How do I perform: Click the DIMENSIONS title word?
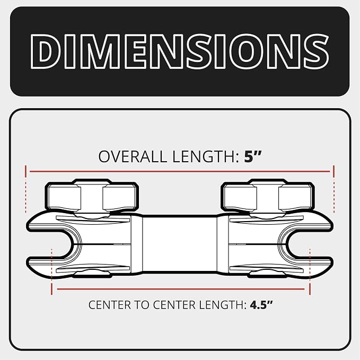pyautogui.click(x=180, y=51)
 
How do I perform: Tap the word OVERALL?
pyautogui.click(x=133, y=156)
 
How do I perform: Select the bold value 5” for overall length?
pyautogui.click(x=253, y=156)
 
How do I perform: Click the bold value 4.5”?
pyautogui.click(x=261, y=305)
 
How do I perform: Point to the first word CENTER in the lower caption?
pyautogui.click(x=110, y=305)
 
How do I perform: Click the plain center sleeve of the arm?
pyautogui.click(x=180, y=244)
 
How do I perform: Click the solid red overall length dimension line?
pyautogui.click(x=180, y=171)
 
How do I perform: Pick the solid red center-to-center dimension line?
pyautogui.click(x=181, y=289)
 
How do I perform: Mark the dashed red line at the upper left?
pyautogui.click(x=26, y=189)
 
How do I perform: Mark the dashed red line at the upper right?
pyautogui.click(x=334, y=189)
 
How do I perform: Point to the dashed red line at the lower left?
pyautogui.click(x=51, y=271)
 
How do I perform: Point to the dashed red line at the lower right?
pyautogui.click(x=310, y=271)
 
